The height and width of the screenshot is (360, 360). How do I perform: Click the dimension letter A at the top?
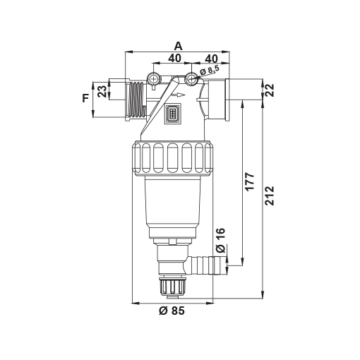[x=178, y=46]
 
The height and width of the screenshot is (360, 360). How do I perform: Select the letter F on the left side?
[x=85, y=98]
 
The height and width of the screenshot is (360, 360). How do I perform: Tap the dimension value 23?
[x=102, y=91]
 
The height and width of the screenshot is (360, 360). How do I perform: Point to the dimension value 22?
[x=270, y=90]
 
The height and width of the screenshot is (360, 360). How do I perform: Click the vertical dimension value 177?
[x=250, y=181]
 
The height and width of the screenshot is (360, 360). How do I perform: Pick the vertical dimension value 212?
[x=270, y=196]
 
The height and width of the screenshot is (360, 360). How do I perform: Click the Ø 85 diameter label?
[x=172, y=311]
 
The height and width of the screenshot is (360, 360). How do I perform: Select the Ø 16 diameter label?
[x=221, y=240]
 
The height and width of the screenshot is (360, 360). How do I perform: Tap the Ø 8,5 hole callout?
[x=210, y=71]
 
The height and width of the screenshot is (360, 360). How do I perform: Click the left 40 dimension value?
[x=174, y=58]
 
